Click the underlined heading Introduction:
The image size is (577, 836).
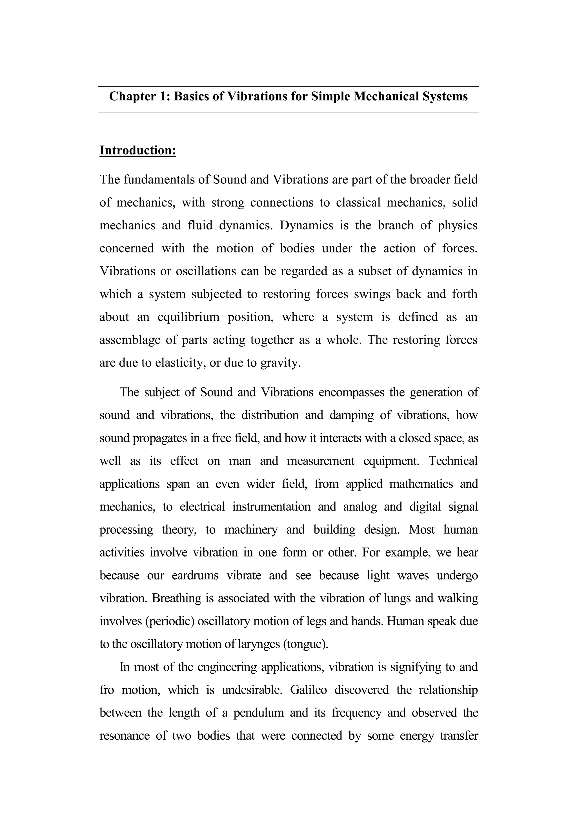point(138,150)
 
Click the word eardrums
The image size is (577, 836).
point(195,575)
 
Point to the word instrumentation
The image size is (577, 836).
point(271,507)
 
